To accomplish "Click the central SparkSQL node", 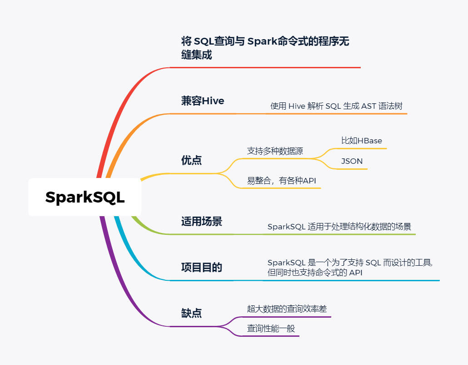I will click(85, 198).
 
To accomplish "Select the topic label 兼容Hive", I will click(203, 101).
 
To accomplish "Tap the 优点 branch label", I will click(191, 160).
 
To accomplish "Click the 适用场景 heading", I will click(202, 222).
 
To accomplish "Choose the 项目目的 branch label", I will click(202, 267).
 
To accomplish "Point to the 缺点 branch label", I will click(191, 313).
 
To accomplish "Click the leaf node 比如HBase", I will click(362, 141).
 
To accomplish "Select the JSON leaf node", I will click(352, 161).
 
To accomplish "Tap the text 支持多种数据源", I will click(275, 151).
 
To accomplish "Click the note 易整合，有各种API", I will click(281, 181).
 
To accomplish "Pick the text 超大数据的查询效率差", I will click(287, 309).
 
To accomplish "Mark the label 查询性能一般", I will click(271, 328).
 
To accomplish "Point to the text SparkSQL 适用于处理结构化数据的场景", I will click(339, 227).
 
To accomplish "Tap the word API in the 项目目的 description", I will click(355, 273).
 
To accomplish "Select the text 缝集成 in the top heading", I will click(196, 56).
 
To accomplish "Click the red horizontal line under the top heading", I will click(273, 67).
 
